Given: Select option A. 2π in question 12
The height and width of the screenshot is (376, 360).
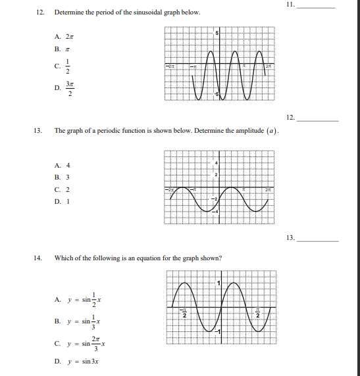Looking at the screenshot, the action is pyautogui.click(x=63, y=35).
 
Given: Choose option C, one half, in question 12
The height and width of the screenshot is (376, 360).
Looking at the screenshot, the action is pyautogui.click(x=64, y=66).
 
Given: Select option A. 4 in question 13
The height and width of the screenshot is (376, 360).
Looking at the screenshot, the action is pyautogui.click(x=63, y=166).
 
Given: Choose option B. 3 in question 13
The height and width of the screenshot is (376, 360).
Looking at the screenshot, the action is pyautogui.click(x=63, y=177).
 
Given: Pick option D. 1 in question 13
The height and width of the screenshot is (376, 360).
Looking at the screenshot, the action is pyautogui.click(x=63, y=200).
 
